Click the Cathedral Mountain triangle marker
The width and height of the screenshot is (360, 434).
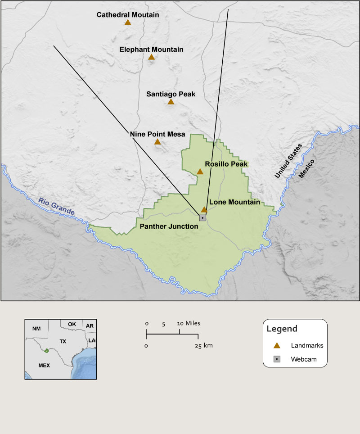click(x=128, y=23)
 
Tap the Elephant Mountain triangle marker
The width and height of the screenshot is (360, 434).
click(x=151, y=57)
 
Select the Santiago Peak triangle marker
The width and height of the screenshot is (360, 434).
click(x=171, y=102)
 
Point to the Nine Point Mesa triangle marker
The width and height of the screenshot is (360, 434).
click(x=157, y=142)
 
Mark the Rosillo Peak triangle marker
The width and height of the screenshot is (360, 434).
click(x=200, y=172)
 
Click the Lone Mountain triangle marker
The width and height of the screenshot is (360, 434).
click(x=204, y=209)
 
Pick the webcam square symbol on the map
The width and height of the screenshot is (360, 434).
click(x=202, y=217)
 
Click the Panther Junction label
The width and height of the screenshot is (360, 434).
click(x=169, y=226)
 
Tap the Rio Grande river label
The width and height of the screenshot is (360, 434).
click(x=56, y=206)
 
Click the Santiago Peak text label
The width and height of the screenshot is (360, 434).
click(x=171, y=94)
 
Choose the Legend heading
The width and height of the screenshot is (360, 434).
click(x=282, y=329)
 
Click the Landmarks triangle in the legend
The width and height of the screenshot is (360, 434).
click(x=277, y=345)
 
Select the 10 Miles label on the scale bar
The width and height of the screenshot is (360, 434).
click(x=189, y=323)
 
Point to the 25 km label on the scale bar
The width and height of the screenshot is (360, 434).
click(x=204, y=345)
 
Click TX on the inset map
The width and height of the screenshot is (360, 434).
click(x=63, y=342)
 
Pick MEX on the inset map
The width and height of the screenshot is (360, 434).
click(x=44, y=365)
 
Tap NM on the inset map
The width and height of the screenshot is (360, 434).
click(x=36, y=329)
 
